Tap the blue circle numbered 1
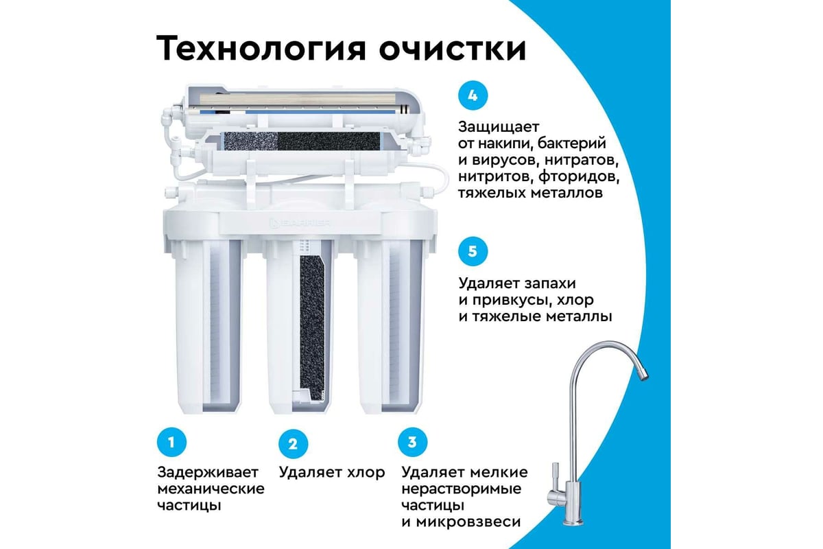click(x=171, y=442)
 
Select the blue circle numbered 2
click(x=293, y=444)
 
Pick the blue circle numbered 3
click(x=413, y=442)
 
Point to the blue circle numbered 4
click(x=473, y=95)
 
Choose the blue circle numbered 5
click(x=473, y=252)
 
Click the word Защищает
click(x=499, y=127)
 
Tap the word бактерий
click(x=572, y=143)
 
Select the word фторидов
click(x=580, y=176)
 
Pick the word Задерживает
click(x=208, y=472)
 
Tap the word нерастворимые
click(x=462, y=489)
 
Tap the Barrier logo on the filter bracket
click(x=300, y=223)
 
